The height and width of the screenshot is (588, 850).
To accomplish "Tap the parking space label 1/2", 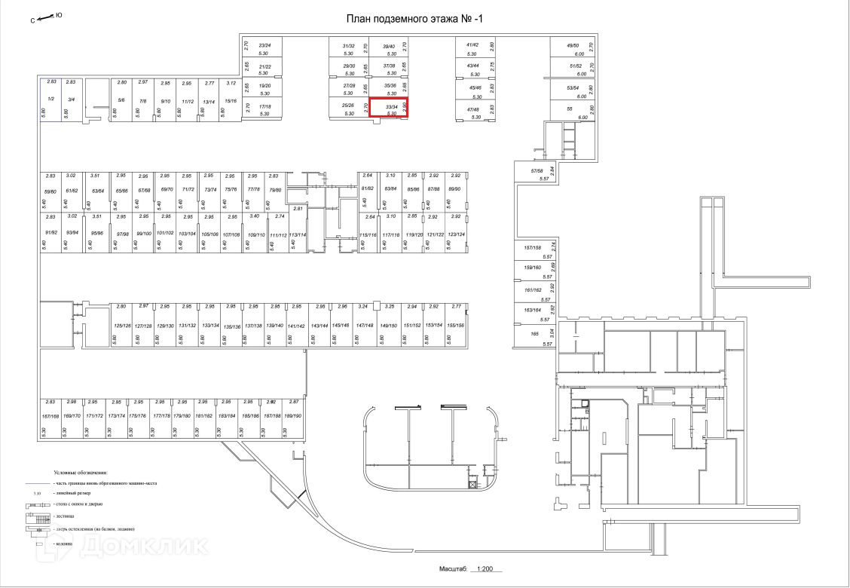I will tap(50, 99).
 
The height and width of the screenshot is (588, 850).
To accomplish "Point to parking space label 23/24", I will tap(264, 45).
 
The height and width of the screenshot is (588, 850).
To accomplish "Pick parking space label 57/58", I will tap(537, 171).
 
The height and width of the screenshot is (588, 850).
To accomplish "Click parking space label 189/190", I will tap(293, 415).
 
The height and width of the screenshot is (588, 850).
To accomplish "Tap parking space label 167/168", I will tap(50, 415).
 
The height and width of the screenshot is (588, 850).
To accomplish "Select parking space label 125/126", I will tap(122, 326).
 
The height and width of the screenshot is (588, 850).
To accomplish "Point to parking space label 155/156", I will tap(455, 325).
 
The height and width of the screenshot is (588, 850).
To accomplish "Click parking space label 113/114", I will tap(298, 235).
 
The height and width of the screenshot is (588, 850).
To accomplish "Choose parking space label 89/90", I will tap(454, 188).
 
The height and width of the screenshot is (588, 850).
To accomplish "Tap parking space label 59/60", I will tap(50, 191).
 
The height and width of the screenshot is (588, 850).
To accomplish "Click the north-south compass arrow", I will tap(47, 17).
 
